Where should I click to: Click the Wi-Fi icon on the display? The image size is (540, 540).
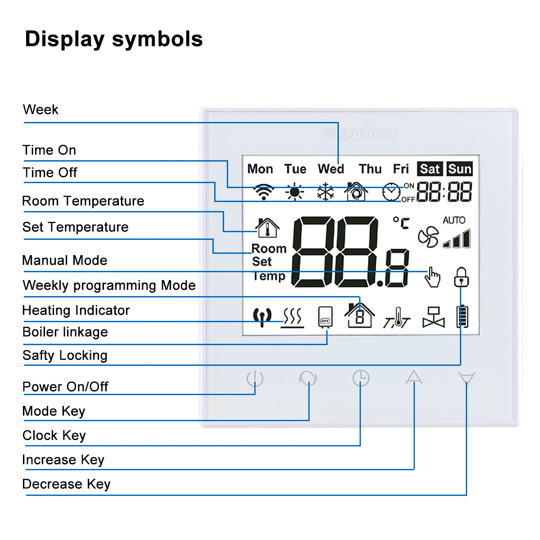coord(263,192)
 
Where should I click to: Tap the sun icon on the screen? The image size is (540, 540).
coord(294,192)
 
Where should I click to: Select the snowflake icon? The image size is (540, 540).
coord(325,192)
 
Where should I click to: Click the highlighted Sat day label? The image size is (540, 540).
coord(430,169)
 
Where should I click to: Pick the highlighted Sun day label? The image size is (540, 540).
coord(459,169)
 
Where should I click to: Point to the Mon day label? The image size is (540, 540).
coord(260,169)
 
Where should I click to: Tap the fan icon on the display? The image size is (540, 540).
coord(428,237)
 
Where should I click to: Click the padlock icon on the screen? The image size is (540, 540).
coord(461,277)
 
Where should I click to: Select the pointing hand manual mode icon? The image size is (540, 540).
coord(432,277)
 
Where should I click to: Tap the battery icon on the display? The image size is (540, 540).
coord(463,317)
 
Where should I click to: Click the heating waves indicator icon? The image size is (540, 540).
coord(292,318)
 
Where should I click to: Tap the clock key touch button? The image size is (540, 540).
coord(360,378)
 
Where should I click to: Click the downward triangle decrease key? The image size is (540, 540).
coord(466,377)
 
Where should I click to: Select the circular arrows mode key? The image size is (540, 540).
coord(308,378)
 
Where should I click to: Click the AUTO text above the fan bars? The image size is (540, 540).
coord(454,220)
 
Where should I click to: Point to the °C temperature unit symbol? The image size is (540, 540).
coord(401,223)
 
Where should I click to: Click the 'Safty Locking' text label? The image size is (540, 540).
coord(65,355)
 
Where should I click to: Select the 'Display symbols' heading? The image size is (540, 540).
coord(114,39)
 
